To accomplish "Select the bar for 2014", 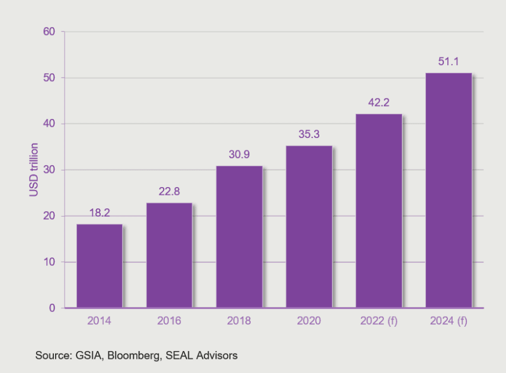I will point(99,266).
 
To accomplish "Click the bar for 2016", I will point(169,255).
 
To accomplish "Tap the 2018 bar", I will point(239,237).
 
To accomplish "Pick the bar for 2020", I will point(309,227).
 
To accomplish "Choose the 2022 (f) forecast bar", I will point(379,211).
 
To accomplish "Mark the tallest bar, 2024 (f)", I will point(449,190).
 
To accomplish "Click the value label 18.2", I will point(99,213).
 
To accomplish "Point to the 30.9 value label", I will point(239,155).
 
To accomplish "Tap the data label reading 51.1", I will point(449,62).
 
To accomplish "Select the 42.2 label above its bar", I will point(379,102).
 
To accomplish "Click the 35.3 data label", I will point(309,134).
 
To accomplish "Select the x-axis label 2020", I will point(309,321).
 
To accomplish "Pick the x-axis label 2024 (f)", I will point(449,321).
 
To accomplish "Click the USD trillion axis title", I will point(34,170).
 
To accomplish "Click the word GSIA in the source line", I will point(87,356).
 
